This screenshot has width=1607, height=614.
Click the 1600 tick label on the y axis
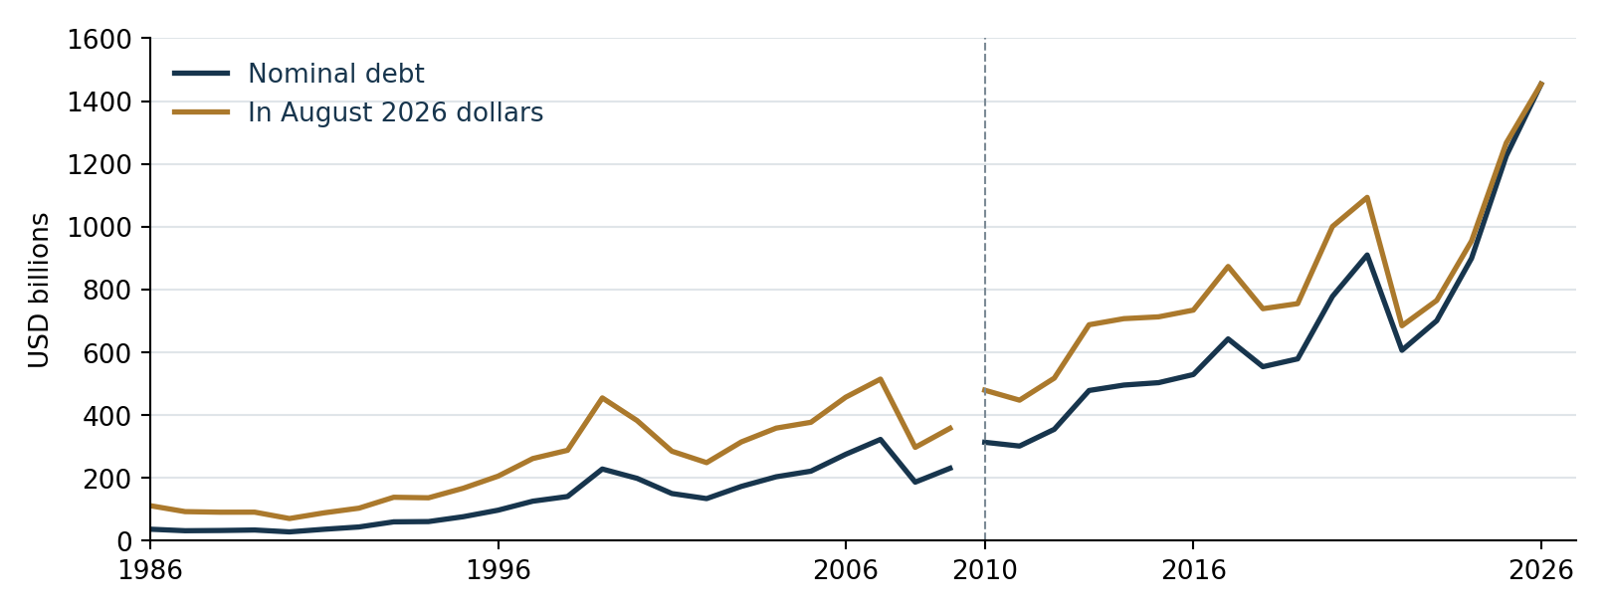tap(100, 40)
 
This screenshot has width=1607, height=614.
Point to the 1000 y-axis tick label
tap(100, 228)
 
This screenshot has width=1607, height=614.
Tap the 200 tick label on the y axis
tap(107, 479)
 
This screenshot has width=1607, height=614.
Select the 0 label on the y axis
tap(124, 541)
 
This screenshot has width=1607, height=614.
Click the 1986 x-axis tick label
tap(150, 571)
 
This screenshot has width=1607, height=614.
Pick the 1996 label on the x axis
tap(498, 571)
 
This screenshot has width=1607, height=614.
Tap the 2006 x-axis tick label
tap(845, 571)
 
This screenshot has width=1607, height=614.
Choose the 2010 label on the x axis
tap(984, 571)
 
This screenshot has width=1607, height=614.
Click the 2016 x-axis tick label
tap(1193, 571)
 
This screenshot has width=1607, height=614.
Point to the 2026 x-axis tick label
tap(1541, 571)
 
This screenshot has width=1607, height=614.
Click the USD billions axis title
tap(39, 290)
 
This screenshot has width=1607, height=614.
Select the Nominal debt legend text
tap(335, 74)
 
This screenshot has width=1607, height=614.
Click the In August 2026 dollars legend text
tap(395, 112)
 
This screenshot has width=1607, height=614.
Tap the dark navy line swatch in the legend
tap(201, 74)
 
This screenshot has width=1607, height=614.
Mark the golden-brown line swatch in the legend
tap(201, 111)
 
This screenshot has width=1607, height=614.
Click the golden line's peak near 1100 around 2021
tap(1367, 197)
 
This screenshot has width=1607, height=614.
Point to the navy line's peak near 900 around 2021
tap(1367, 255)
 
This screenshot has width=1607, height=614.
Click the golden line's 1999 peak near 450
tap(602, 397)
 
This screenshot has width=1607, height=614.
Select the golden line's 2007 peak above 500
tap(881, 379)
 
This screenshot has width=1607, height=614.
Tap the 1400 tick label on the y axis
tap(100, 102)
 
